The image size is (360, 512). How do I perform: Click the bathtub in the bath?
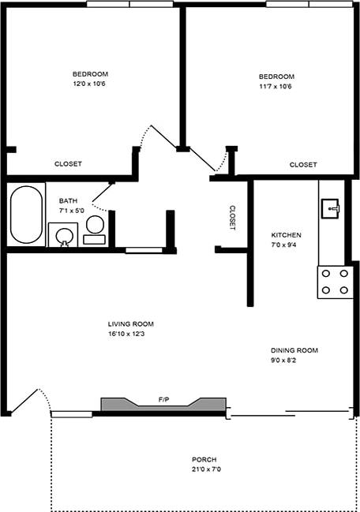coord(28,215)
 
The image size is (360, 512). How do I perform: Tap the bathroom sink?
coord(62,235)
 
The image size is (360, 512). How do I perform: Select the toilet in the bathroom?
coord(95,230)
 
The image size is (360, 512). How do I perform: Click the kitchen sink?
coord(330,208)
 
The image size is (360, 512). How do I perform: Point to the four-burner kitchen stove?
coord(334,282)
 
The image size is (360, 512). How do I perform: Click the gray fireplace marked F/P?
coord(163,404)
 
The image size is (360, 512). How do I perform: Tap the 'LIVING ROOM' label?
coord(131,324)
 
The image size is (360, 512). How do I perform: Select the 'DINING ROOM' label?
coord(294,350)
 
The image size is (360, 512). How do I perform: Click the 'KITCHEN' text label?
coord(286,235)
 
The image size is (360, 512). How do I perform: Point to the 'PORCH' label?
coord(204,460)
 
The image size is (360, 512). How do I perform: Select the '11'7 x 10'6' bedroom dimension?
coord(276,87)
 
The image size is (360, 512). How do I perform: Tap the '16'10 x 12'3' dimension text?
coord(131,334)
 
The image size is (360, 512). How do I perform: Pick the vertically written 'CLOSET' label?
coord(232,218)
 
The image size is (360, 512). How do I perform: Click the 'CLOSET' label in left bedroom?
coord(68,164)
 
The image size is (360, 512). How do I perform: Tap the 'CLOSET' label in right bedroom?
coord(303,165)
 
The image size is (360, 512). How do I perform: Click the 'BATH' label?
coord(68,201)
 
